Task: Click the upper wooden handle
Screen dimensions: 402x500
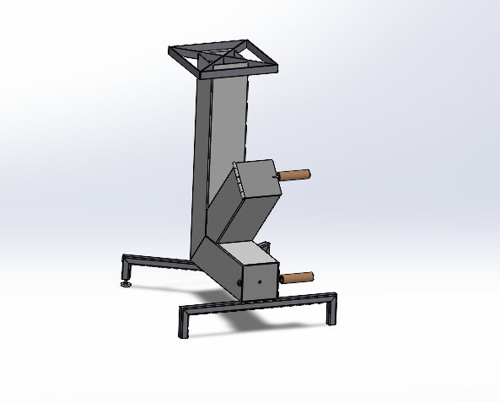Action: (296, 175)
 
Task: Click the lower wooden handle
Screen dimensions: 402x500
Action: (298, 276)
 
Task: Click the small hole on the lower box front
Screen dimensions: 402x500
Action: (261, 279)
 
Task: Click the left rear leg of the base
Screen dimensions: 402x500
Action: (126, 271)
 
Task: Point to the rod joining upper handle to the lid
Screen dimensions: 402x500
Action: (277, 176)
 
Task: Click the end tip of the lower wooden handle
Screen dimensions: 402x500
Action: (312, 275)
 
